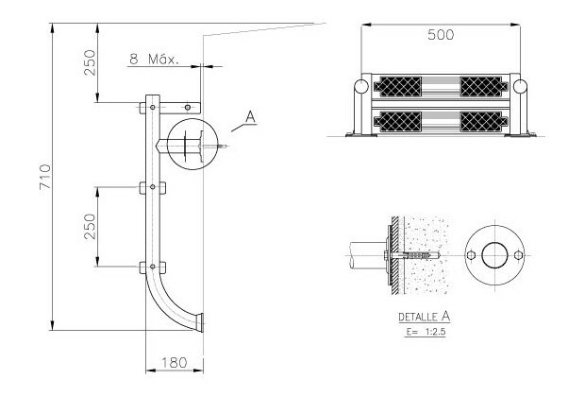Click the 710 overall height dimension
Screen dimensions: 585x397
pos(44,177)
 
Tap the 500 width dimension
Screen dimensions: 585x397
pos(441,35)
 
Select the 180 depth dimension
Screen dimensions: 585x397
pos(174,362)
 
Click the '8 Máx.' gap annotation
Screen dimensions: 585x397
pos(154,59)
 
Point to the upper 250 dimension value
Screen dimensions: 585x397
pos(90,62)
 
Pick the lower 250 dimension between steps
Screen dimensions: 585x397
pos(90,227)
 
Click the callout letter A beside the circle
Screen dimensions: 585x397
pos(251,117)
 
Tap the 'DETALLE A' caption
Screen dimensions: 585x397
pos(425,317)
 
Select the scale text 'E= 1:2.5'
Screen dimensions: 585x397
pos(426,332)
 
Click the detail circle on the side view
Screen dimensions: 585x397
pos(192,144)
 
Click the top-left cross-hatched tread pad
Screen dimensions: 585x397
pos(398,87)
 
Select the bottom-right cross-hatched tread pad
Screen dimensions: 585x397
pos(484,122)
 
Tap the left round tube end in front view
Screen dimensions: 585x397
pos(360,86)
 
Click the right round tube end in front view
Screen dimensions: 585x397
pos(520,86)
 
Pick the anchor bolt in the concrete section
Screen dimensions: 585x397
pos(413,255)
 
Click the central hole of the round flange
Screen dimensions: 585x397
pos(494,255)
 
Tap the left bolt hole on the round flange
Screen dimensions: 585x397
pos(471,255)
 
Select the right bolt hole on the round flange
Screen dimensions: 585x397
pos(518,255)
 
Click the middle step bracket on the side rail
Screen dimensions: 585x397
pos(153,187)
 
